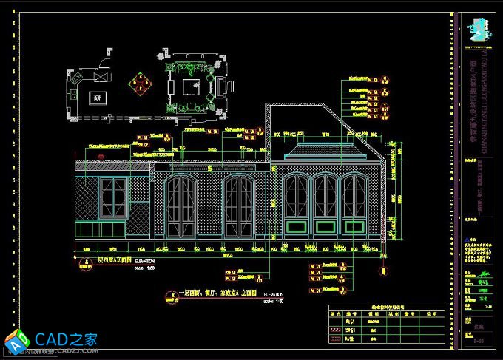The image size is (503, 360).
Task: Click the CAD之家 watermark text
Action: tap(67, 340)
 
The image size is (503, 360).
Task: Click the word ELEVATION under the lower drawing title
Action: tap(274, 294)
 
